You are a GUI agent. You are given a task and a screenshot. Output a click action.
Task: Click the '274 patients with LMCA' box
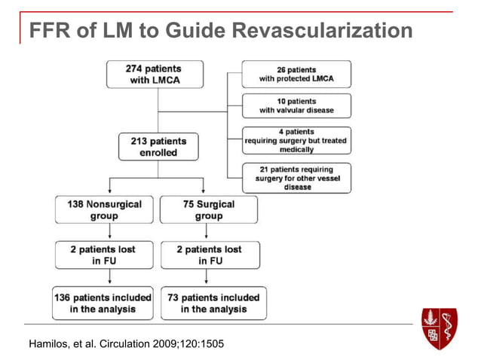(x=155, y=74)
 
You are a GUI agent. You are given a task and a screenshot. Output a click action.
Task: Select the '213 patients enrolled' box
(x=158, y=147)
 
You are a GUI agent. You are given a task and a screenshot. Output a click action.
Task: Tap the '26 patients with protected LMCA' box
(x=296, y=74)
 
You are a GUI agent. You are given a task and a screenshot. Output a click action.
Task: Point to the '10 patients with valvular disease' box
(x=296, y=105)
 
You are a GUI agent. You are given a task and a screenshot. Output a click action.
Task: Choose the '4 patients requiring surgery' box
(x=296, y=140)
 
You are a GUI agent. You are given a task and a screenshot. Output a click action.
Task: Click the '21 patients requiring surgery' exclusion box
(x=296, y=178)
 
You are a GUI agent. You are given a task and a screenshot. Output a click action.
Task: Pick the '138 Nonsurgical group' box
(x=104, y=210)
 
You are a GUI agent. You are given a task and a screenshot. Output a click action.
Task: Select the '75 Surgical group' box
(x=209, y=210)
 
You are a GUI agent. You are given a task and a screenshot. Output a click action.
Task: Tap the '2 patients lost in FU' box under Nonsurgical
(x=104, y=255)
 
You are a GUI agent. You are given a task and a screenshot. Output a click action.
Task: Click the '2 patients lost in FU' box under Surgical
(x=210, y=255)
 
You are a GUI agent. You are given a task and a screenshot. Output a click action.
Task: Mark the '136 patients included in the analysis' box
(x=103, y=303)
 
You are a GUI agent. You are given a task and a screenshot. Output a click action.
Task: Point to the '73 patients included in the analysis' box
(x=210, y=303)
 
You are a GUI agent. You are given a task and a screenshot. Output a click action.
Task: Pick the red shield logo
(x=440, y=327)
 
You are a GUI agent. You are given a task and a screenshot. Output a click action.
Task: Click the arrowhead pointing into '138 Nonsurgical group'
(x=111, y=192)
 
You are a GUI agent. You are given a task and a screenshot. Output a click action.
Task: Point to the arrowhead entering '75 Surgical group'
(x=204, y=192)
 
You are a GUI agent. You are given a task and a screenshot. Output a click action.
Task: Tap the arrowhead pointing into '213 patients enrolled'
(x=158, y=129)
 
